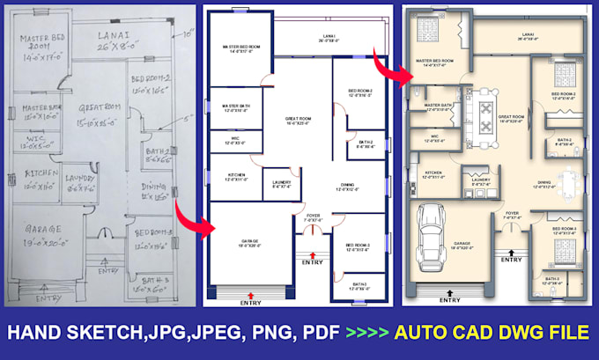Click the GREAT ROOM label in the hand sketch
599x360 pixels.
pos(97,107)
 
